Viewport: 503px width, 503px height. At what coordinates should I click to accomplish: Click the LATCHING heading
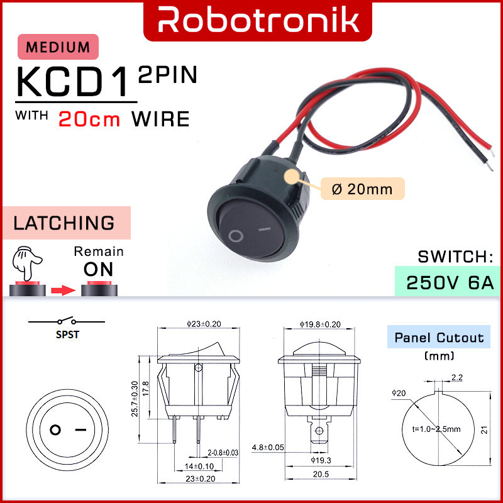pyautogui.click(x=65, y=223)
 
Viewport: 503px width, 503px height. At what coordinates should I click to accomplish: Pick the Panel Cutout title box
pyautogui.click(x=439, y=338)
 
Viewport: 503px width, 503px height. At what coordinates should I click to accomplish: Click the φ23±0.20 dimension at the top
pyautogui.click(x=204, y=324)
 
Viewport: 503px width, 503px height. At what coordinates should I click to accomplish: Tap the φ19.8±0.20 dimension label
pyautogui.click(x=321, y=324)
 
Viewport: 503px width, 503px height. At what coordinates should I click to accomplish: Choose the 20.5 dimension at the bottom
pyautogui.click(x=321, y=473)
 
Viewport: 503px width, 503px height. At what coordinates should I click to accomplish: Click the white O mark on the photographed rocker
pyautogui.click(x=236, y=236)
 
